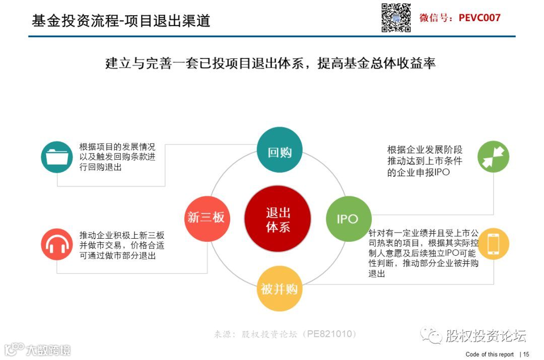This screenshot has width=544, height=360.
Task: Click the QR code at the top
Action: pyautogui.click(x=395, y=18)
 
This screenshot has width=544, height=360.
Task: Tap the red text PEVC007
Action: pyautogui.click(x=480, y=18)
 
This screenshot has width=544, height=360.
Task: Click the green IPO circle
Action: pyautogui.click(x=348, y=219)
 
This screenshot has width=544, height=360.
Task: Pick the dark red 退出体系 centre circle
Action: pyautogui.click(x=278, y=219)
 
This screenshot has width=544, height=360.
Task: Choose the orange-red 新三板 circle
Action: pyautogui.click(x=207, y=218)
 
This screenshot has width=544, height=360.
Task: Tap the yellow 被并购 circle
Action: pyautogui.click(x=279, y=289)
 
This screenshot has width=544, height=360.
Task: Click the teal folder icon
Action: pyautogui.click(x=57, y=157)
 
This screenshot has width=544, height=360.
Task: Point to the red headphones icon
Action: pyautogui.click(x=57, y=244)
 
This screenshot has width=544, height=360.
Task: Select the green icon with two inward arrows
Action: pyautogui.click(x=493, y=157)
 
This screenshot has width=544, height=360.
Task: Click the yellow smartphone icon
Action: pyautogui.click(x=493, y=244)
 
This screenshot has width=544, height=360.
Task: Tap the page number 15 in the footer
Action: pyautogui.click(x=526, y=354)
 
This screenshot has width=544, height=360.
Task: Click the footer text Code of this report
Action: pyautogui.click(x=490, y=354)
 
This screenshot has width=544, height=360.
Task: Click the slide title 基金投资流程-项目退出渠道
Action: pyautogui.click(x=121, y=20)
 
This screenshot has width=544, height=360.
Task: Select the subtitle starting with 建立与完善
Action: pyautogui.click(x=270, y=64)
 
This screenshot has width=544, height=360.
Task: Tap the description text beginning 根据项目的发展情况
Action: pyautogui.click(x=117, y=157)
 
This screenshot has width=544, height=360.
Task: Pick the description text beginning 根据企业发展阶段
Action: pyautogui.click(x=425, y=161)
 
